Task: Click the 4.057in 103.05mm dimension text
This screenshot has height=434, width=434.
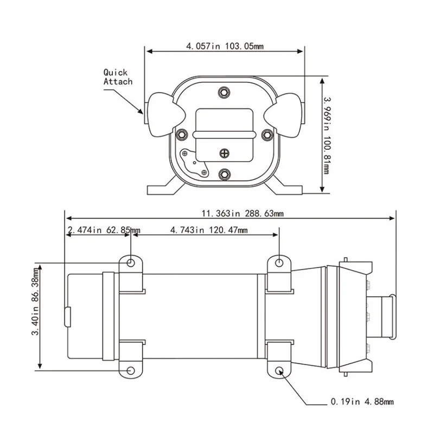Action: pyautogui.click(x=225, y=47)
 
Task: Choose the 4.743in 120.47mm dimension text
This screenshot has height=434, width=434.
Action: pyautogui.click(x=208, y=230)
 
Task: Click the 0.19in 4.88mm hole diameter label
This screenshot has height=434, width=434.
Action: pyautogui.click(x=361, y=402)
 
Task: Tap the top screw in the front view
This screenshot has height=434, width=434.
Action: pyautogui.click(x=225, y=93)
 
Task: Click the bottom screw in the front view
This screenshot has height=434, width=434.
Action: pyautogui.click(x=225, y=174)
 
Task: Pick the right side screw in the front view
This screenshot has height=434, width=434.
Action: pyautogui.click(x=266, y=134)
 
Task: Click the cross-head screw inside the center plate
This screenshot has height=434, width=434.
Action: pyautogui.click(x=225, y=153)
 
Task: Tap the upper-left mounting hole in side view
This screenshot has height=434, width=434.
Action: pyautogui.click(x=131, y=263)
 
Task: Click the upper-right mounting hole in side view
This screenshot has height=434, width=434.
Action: pyautogui.click(x=279, y=263)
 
